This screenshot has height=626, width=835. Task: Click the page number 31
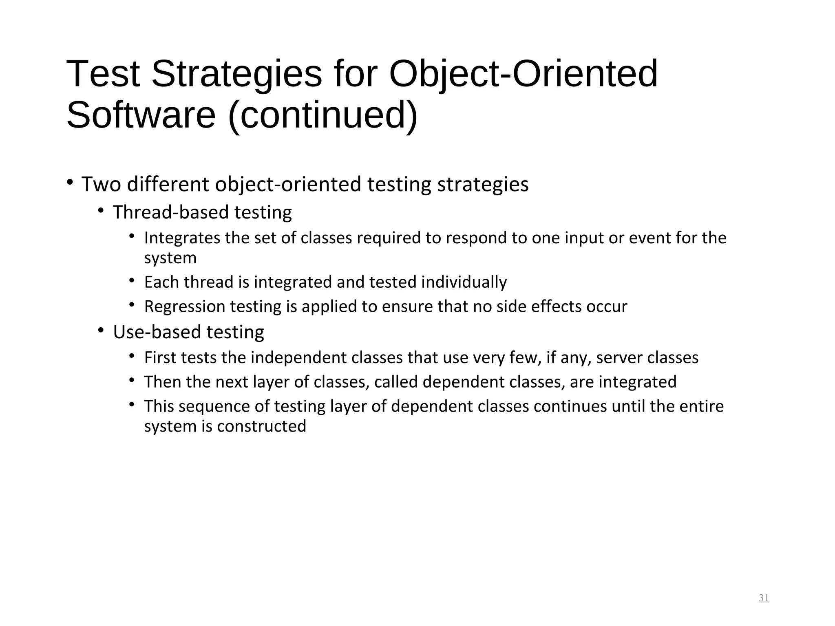pos(764,598)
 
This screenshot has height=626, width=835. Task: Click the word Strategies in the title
pos(236,74)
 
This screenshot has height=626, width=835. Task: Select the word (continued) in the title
pos(323,115)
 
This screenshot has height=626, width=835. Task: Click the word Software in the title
pos(141,115)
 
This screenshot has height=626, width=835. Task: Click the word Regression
pos(184,306)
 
